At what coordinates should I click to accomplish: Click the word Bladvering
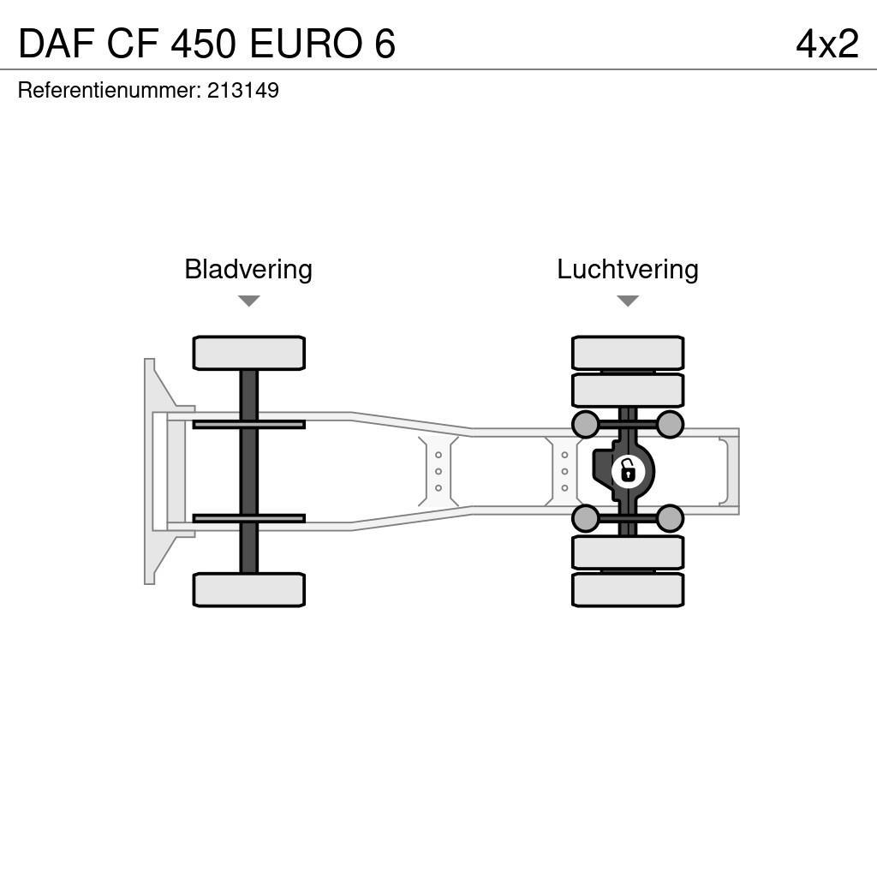point(248,270)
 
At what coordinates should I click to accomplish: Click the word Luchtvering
point(627,270)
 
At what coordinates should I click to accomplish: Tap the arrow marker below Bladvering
point(248,301)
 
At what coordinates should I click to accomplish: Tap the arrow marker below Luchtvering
point(628,301)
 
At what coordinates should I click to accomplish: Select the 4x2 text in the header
point(826,44)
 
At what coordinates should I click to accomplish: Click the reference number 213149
point(243,91)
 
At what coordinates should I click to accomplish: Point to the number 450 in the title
point(202,44)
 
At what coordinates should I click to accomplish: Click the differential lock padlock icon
point(628,471)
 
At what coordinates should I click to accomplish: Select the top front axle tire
point(248,353)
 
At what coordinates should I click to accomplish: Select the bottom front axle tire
point(248,589)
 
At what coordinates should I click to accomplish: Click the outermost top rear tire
point(628,353)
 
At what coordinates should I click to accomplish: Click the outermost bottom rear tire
point(628,589)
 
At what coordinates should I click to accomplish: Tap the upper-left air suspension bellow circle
point(585,424)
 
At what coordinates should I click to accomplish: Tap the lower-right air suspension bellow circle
point(670,518)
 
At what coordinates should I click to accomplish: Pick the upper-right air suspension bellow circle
point(670,424)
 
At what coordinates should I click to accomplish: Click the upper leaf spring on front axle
point(248,424)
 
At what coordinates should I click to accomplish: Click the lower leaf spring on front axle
point(248,518)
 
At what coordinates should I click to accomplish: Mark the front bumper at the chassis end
point(151,471)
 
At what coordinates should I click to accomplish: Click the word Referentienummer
point(108,91)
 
